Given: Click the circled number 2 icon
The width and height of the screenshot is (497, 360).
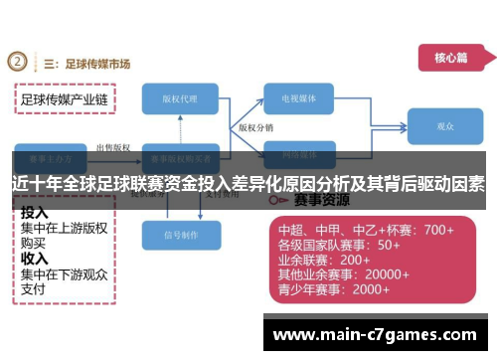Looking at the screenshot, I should coord(17,62).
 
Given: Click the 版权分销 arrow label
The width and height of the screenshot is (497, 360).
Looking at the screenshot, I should coord(255,128).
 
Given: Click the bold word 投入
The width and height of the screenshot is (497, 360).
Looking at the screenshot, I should coord(35,213).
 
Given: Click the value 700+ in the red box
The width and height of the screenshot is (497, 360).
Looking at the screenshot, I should coord(437,229).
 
